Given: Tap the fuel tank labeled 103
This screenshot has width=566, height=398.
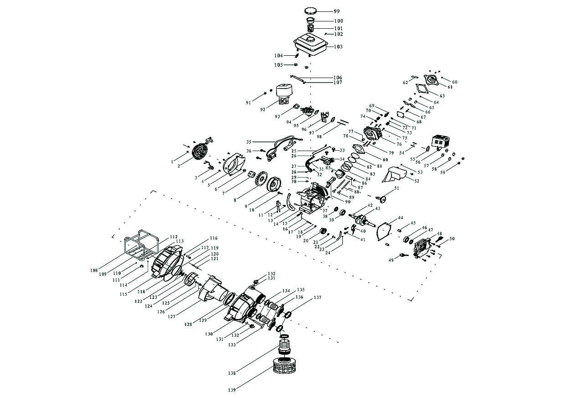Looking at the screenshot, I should [x=311, y=44].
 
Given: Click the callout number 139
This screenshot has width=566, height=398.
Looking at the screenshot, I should [x=233, y=390].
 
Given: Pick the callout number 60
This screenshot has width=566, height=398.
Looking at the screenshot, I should [x=454, y=82].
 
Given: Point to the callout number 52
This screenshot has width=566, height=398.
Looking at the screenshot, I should [x=417, y=181].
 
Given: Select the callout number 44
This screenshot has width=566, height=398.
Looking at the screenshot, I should [x=401, y=218].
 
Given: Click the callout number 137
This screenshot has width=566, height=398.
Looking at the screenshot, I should [x=317, y=298].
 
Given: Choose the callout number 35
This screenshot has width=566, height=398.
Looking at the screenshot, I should [x=249, y=142].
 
